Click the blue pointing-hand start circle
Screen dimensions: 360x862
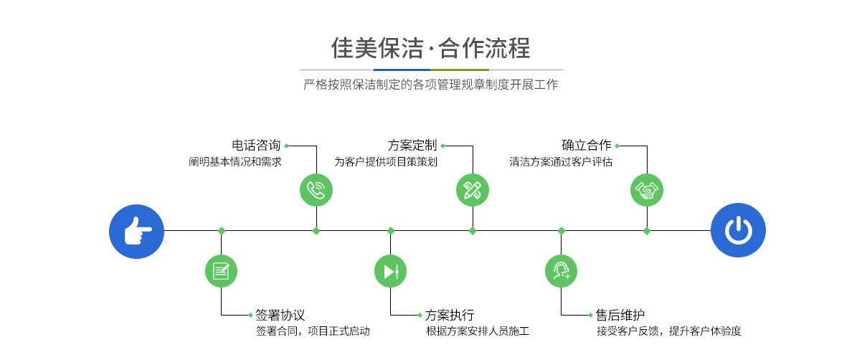tap(136, 231)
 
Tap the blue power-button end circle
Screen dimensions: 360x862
tap(738, 231)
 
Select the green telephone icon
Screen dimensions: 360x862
tap(316, 190)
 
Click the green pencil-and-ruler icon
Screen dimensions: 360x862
tap(473, 190)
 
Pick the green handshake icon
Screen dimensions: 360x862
tap(647, 190)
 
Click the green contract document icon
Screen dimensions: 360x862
tap(221, 271)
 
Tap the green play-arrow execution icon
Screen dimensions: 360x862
tap(391, 271)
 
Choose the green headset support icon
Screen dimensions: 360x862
tap(562, 271)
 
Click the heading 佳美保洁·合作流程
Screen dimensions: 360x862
tap(430, 48)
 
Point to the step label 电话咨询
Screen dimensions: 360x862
tap(256, 146)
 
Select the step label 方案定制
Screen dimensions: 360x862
tap(412, 146)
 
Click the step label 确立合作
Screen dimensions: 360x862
tap(587, 146)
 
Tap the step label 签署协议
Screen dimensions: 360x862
tap(280, 315)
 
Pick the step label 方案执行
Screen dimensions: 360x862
tap(450, 315)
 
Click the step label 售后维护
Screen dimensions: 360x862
tap(620, 315)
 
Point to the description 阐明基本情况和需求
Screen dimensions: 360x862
tap(235, 162)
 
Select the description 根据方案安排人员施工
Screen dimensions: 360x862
tap(478, 331)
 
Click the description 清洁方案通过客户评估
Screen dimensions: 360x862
tap(561, 162)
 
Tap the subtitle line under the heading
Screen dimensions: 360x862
tap(430, 85)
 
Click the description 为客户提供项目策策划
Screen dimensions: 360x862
tap(386, 162)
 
